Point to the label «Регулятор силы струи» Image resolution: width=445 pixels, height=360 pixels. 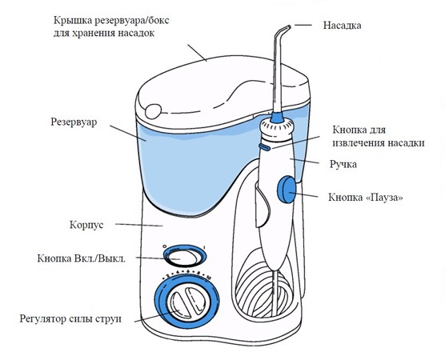[x=71, y=319]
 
